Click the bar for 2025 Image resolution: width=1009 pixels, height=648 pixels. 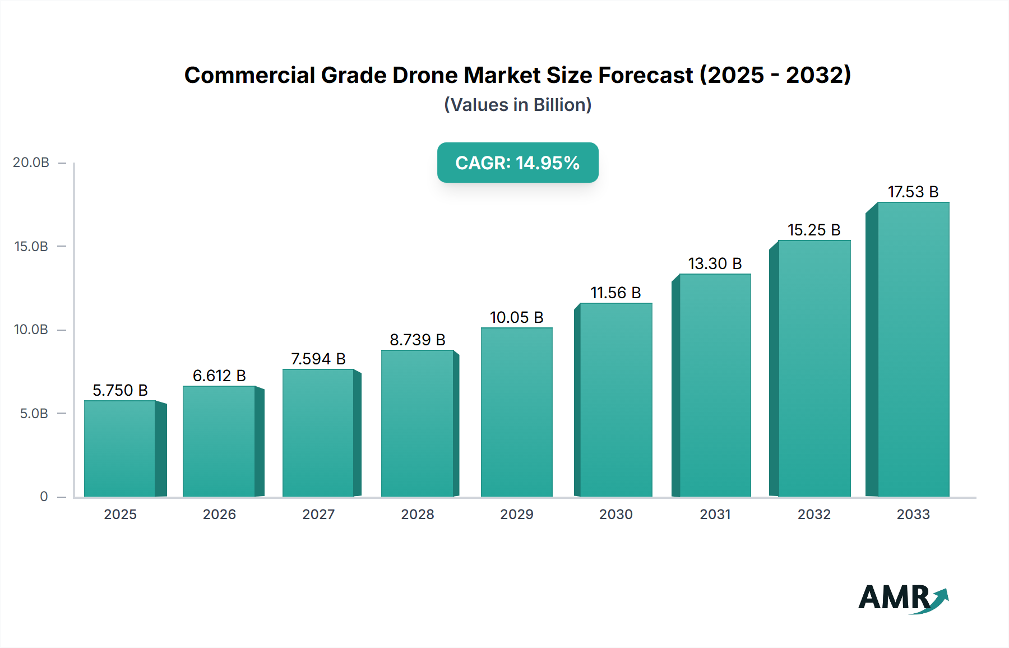coord(120,448)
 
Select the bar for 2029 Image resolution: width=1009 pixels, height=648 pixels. coord(516,412)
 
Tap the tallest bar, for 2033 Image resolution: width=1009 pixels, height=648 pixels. coord(913,349)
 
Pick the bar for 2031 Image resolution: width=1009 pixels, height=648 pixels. coord(715,385)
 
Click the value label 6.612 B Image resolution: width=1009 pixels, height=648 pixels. coord(219,376)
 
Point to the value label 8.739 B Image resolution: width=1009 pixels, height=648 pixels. coord(418,340)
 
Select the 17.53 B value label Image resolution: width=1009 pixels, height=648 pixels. coord(913,192)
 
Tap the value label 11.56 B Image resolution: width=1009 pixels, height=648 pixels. coord(615,293)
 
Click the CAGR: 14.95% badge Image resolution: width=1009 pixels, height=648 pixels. coord(517,163)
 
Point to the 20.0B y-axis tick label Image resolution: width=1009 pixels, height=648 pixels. coord(31,163)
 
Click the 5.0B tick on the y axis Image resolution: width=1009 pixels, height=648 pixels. coord(34,414)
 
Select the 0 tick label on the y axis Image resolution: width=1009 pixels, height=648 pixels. coord(44,497)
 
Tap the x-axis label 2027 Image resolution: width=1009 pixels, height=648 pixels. coord(318,515)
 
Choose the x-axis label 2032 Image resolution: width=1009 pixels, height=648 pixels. coord(814,515)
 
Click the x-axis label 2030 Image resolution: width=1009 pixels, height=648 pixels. coord(615,515)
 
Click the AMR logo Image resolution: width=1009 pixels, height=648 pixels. coord(902,598)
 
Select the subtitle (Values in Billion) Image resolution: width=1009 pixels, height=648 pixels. coord(517,105)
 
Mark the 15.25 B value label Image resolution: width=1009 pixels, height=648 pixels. coord(814,230)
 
